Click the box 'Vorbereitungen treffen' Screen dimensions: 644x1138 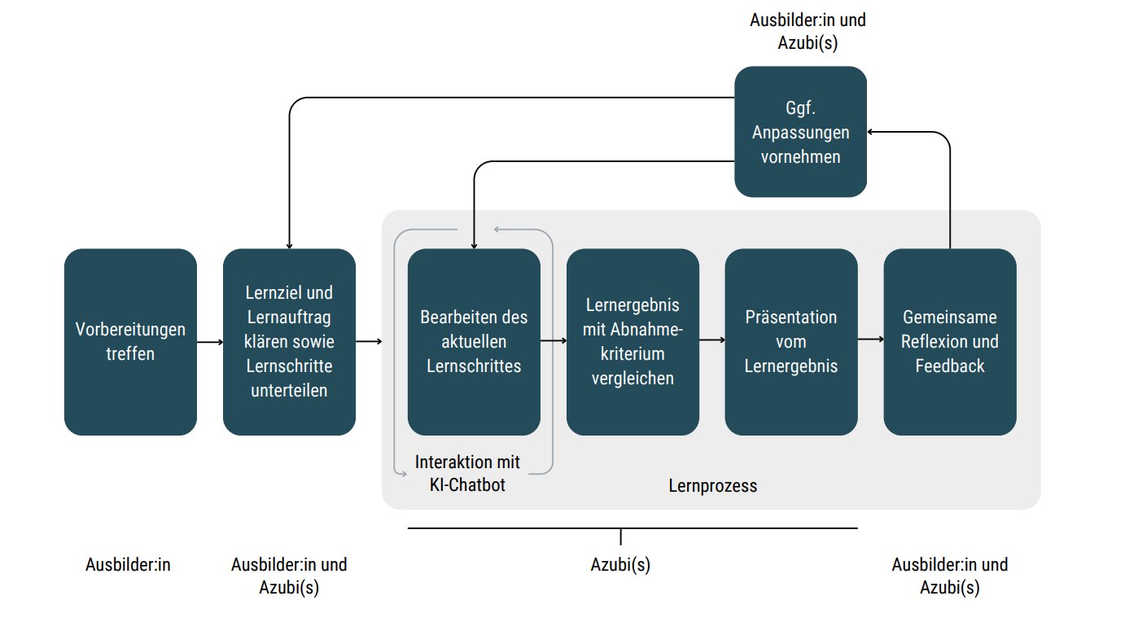(130, 342)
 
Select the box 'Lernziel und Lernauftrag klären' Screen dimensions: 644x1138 (289, 342)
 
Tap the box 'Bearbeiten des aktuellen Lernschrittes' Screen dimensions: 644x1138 (474, 342)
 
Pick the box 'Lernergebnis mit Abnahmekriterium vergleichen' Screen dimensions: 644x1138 (632, 342)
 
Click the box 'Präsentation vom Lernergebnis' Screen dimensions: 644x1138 (791, 342)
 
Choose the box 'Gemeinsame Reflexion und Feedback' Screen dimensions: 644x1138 (950, 342)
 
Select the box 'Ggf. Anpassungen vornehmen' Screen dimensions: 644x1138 (800, 132)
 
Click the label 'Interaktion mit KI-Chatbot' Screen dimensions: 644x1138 (467, 474)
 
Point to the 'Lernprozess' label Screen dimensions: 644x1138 (713, 486)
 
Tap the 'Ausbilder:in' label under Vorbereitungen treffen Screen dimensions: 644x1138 (128, 564)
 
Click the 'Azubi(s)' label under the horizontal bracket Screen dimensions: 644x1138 (620, 564)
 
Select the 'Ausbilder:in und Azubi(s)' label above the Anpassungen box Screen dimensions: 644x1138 (808, 31)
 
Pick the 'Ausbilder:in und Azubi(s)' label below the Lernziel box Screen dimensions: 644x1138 (289, 576)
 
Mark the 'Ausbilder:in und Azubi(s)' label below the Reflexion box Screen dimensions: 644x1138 (950, 576)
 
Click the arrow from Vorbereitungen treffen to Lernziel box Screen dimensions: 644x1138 (210, 342)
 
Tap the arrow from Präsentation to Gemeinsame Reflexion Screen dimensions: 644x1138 (870, 339)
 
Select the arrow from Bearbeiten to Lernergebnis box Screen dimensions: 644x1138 (554, 342)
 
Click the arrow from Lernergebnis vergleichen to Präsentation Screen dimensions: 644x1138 (712, 339)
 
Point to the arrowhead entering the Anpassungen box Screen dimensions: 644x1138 (871, 132)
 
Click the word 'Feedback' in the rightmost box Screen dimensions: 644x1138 (950, 366)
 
